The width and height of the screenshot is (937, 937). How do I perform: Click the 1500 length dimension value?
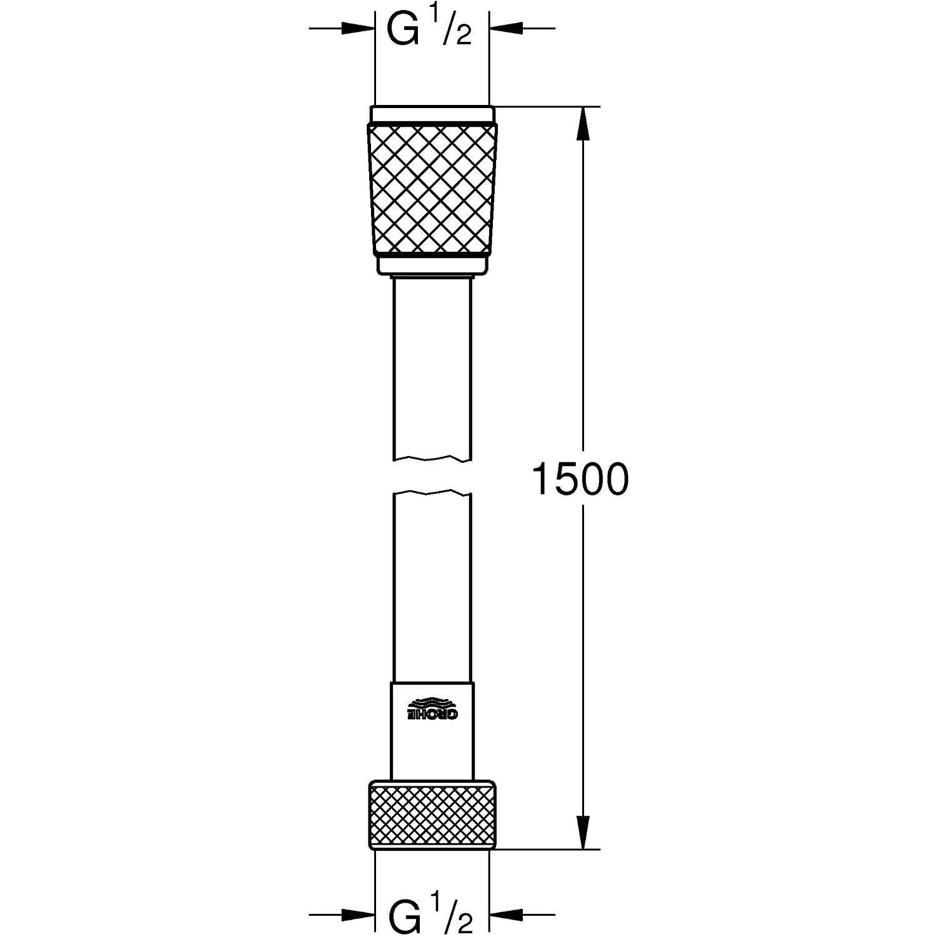[x=580, y=480]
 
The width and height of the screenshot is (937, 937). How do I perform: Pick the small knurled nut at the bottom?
[x=432, y=815]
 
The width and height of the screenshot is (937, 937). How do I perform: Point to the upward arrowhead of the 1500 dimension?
[x=583, y=122]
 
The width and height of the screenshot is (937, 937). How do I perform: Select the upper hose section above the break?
[x=432, y=369]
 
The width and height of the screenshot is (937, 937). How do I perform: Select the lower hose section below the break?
[x=432, y=587]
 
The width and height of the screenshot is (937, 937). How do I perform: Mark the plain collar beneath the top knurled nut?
[x=432, y=265]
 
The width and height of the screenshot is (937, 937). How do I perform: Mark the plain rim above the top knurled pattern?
[x=432, y=114]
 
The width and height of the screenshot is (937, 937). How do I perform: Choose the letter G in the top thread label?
[x=403, y=30]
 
